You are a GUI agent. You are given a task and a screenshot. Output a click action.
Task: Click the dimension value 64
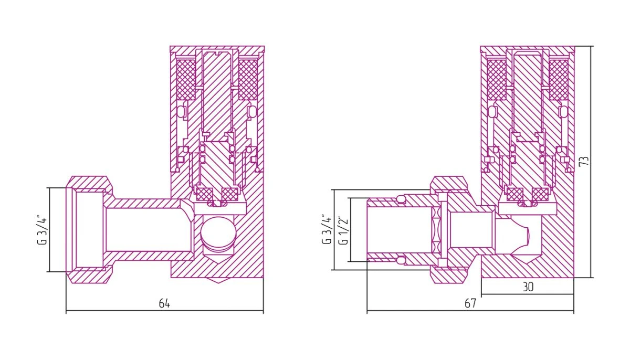click(x=164, y=303)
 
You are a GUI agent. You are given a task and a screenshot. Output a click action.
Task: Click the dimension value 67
click(x=470, y=303)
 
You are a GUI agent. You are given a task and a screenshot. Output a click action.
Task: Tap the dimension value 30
click(x=528, y=287)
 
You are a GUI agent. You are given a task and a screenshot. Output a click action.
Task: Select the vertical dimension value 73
click(x=584, y=161)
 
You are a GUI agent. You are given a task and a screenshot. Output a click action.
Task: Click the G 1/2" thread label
click(x=344, y=230)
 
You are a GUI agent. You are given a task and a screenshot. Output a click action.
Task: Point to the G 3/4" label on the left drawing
click(x=42, y=230)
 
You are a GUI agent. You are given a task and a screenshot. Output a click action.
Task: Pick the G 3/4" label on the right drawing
click(x=327, y=229)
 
